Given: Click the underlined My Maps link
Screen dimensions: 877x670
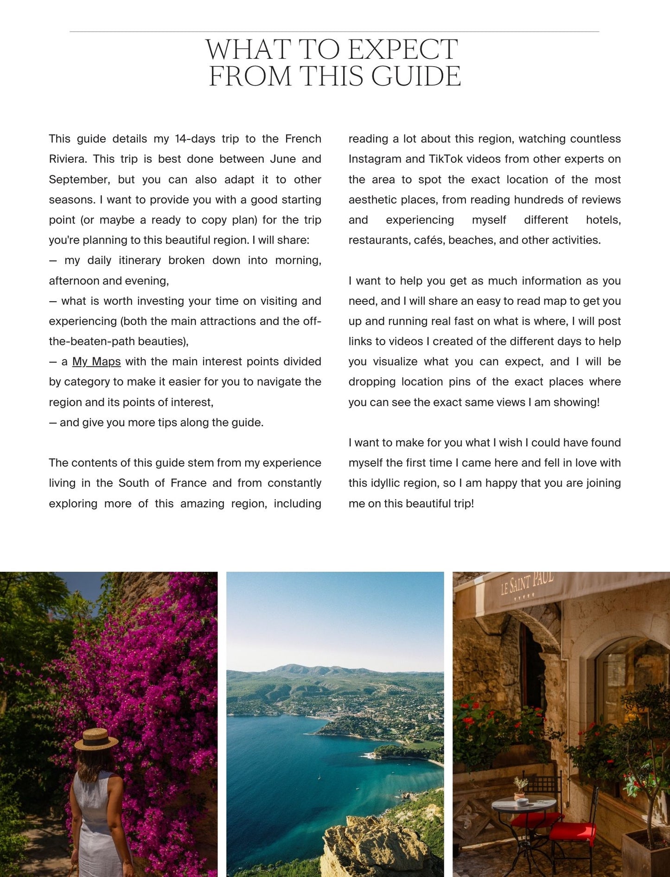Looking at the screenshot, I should tap(96, 361).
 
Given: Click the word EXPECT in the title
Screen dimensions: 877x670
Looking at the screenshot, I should tap(402, 50).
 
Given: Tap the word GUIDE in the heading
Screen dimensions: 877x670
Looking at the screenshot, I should tap(416, 76).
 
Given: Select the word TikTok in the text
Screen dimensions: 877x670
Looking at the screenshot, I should tap(446, 159).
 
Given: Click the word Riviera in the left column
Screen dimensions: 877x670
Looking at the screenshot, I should tap(67, 159).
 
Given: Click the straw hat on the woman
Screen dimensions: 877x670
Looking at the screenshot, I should tap(96, 738).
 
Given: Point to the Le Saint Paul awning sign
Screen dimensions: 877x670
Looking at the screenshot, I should tap(527, 584).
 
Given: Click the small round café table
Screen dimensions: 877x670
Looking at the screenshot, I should tap(523, 804).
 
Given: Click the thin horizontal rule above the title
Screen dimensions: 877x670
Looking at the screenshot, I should tap(334, 32).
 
